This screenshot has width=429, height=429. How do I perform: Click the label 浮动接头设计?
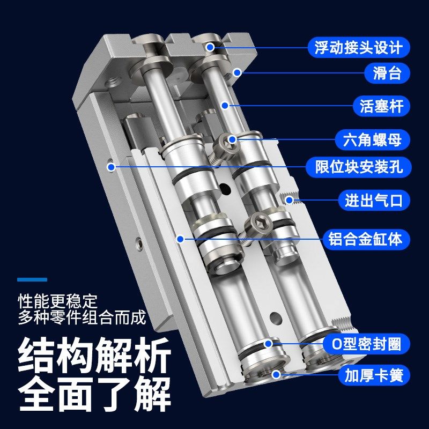359,47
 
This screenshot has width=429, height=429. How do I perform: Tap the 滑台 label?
387,72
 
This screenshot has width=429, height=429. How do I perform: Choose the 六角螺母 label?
376,140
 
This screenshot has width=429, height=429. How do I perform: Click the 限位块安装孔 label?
359,167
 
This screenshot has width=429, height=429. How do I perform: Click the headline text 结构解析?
94,356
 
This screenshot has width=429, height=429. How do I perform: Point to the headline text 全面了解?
94,395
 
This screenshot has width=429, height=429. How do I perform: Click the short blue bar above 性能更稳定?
32,279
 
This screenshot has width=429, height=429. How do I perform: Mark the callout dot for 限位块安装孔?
112,167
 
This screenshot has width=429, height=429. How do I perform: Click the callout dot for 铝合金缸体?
181,239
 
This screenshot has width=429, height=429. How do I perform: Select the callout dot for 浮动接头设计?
210,47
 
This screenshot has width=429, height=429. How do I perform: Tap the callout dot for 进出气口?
290,201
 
